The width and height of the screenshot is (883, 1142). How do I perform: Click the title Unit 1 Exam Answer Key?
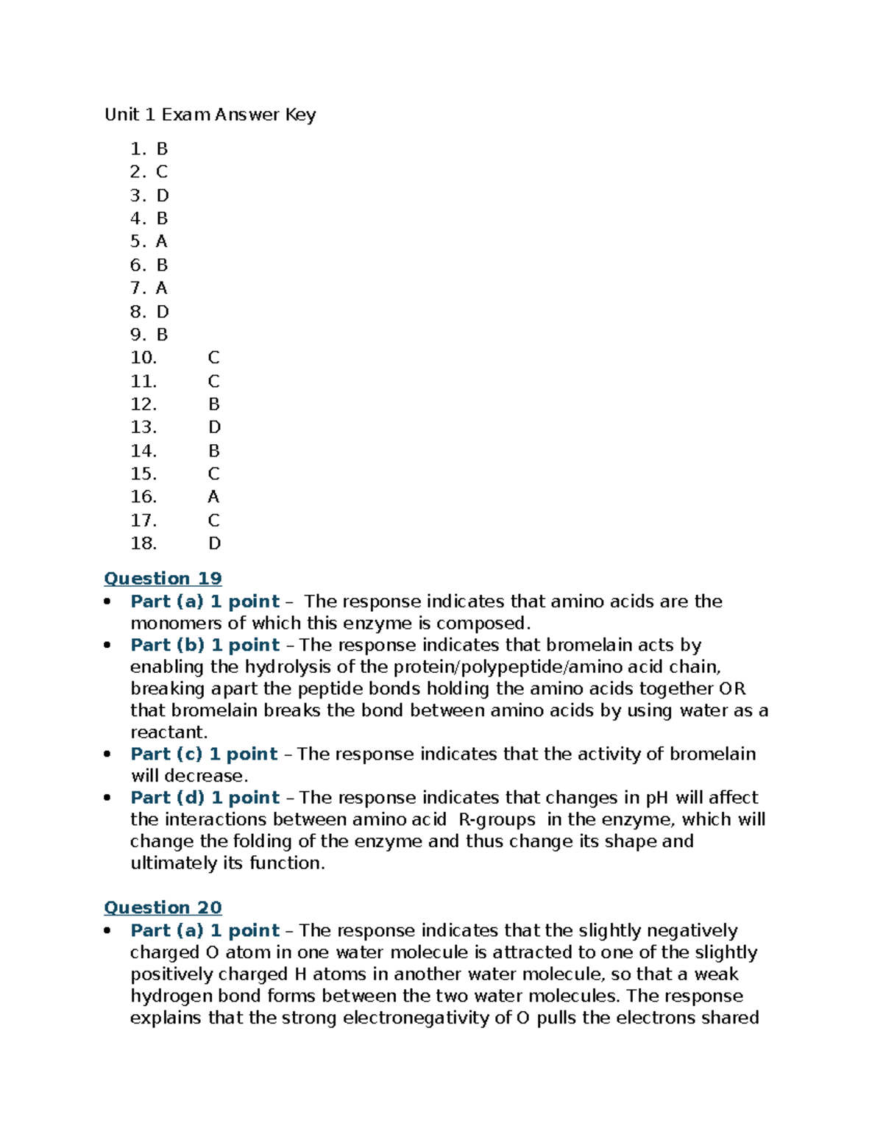[210, 115]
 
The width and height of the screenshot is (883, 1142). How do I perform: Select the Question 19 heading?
[163, 579]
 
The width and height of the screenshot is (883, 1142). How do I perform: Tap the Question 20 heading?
[163, 907]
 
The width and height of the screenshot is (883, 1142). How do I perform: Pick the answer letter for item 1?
[162, 149]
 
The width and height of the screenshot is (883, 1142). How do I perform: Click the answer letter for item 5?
[162, 242]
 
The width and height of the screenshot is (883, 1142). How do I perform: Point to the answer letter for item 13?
[214, 427]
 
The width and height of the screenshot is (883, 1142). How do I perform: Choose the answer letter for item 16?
[213, 497]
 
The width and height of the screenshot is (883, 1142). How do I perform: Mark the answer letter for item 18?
[214, 543]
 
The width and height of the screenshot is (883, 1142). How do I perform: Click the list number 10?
[143, 358]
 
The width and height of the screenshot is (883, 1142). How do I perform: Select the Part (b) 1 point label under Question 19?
[205, 645]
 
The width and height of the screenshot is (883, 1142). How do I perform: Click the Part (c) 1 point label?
[204, 754]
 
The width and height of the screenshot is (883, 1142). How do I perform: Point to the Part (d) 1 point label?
[205, 798]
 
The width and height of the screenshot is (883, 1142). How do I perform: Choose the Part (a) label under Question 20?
[205, 930]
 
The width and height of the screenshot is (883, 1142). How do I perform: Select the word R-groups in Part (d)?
[497, 820]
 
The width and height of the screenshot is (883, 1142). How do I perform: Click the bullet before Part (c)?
[108, 754]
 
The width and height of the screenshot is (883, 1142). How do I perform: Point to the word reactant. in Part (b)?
[169, 732]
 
